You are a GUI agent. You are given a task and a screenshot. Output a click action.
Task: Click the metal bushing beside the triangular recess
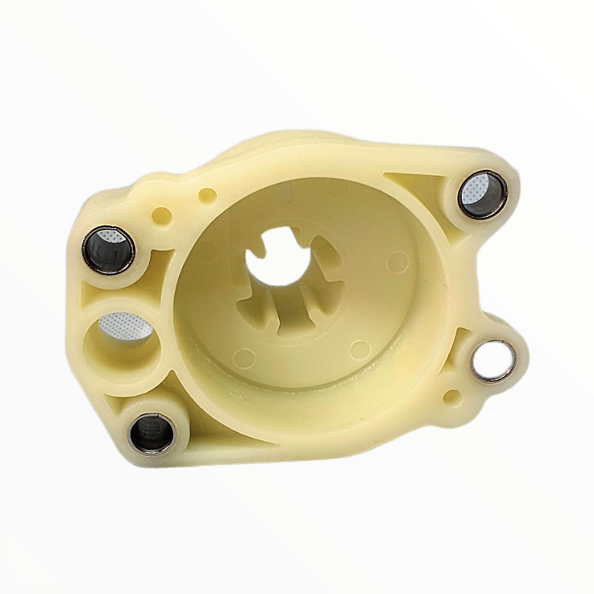(x=482, y=195)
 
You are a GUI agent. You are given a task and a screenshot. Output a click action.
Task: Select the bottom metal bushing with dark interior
(x=151, y=432)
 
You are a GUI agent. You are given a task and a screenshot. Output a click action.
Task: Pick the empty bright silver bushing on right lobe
(x=492, y=361)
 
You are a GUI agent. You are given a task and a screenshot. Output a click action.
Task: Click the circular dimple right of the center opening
(x=398, y=260)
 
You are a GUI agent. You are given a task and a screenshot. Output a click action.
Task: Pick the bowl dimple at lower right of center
(x=361, y=348)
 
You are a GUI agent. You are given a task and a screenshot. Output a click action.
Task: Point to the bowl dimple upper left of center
(x=210, y=249)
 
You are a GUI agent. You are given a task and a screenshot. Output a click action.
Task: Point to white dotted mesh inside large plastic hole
(x=123, y=324)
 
